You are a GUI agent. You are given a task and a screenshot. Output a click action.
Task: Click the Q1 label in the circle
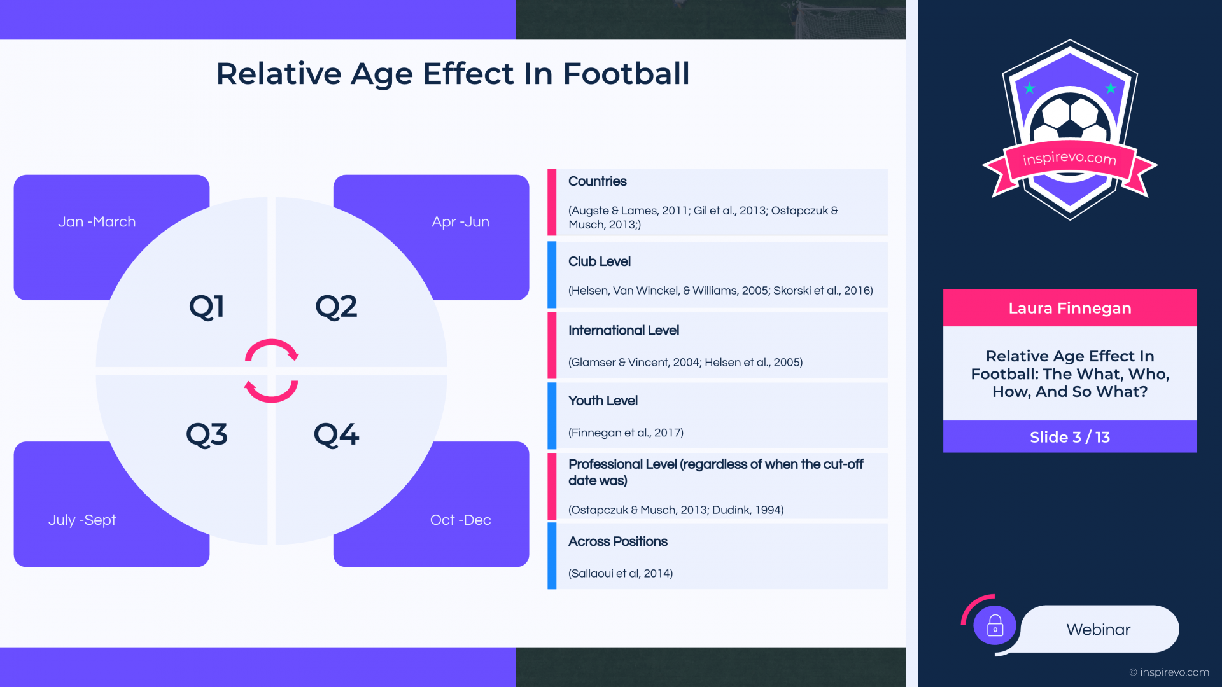coord(207,307)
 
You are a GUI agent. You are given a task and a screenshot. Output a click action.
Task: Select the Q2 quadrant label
coord(336,307)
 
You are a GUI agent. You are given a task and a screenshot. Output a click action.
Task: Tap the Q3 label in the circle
coord(207,435)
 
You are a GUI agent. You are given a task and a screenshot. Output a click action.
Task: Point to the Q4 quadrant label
coord(336,435)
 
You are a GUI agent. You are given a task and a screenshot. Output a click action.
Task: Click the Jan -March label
coord(97,222)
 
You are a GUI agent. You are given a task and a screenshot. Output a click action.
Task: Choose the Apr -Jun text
coord(460,222)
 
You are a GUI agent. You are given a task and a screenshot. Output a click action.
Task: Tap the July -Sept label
coord(82,520)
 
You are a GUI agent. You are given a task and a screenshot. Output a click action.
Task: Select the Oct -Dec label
coord(460,520)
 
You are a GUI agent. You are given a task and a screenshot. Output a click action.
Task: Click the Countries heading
coord(597,181)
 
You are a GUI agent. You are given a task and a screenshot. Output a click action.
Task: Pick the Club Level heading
coord(599,261)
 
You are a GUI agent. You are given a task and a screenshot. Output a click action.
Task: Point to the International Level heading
coord(623,330)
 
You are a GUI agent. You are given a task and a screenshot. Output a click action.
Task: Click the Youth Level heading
coord(603,401)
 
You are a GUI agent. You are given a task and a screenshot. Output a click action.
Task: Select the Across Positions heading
coord(617,541)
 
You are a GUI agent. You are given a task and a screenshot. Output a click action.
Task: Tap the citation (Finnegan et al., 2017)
coord(626,433)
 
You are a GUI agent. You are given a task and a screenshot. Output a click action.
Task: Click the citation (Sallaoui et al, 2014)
coord(621,574)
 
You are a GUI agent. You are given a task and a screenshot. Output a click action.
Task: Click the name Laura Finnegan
coord(1070,309)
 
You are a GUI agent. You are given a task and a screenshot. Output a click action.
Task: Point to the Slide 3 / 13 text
coord(1070,438)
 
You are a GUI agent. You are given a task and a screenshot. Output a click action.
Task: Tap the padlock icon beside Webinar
coord(995,625)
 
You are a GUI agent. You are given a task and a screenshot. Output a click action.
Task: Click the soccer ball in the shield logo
coord(1070,118)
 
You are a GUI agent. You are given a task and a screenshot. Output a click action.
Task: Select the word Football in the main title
coord(626,74)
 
